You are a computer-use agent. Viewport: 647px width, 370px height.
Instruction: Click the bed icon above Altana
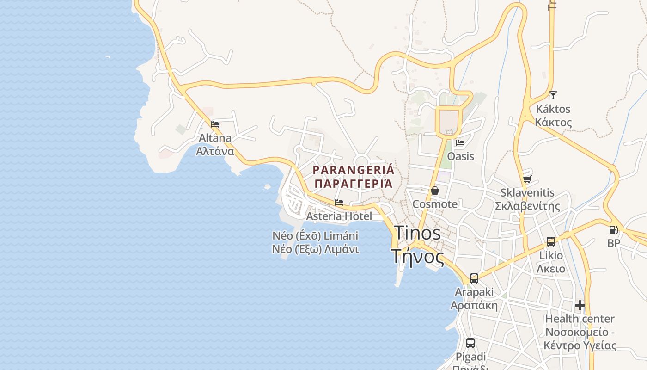(x=215, y=124)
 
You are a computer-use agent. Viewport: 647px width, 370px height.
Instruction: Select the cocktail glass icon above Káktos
(x=553, y=95)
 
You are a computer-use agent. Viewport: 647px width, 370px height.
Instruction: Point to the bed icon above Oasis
(x=460, y=143)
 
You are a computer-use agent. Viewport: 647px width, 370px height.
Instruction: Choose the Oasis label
(x=460, y=156)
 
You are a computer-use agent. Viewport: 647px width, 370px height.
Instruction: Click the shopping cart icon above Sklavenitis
(x=527, y=179)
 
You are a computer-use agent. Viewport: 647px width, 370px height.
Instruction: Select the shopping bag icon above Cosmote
(x=434, y=191)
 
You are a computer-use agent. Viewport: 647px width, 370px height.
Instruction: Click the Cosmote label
(x=435, y=204)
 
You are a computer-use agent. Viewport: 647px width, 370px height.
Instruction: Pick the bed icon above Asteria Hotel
(x=339, y=203)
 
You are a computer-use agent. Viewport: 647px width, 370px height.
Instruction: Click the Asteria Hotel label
(x=339, y=216)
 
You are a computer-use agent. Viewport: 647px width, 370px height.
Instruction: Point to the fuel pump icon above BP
(x=613, y=229)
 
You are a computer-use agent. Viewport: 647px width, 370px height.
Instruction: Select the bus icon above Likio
(x=551, y=241)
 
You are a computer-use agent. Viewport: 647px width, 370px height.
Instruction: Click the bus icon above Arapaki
(x=474, y=278)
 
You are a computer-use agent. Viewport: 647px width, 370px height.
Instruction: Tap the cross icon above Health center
(x=580, y=305)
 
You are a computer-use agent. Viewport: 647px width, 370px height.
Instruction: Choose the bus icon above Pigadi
(x=470, y=343)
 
